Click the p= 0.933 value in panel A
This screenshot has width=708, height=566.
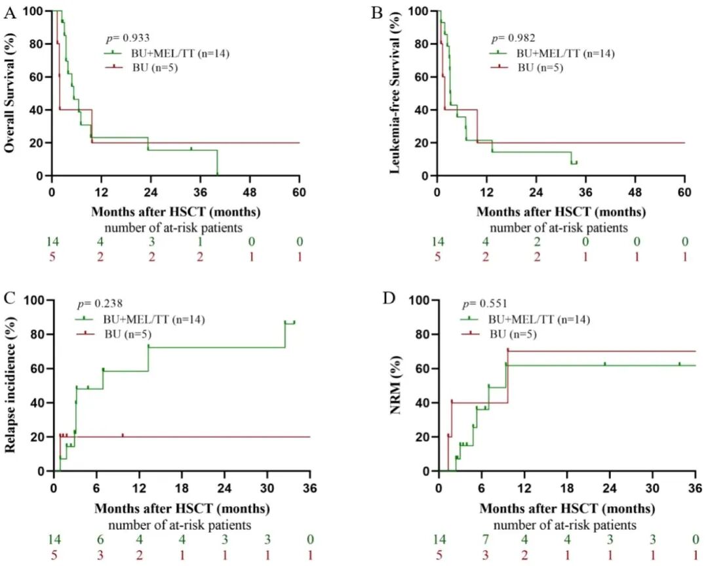[x=127, y=38]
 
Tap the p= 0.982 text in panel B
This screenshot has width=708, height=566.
[x=513, y=38]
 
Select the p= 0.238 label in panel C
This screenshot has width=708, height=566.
[x=100, y=303]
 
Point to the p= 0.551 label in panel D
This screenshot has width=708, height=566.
[x=485, y=303]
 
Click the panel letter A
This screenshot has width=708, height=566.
[x=9, y=13]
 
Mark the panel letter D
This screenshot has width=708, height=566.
[x=389, y=298]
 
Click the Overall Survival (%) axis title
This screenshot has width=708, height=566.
[x=10, y=92]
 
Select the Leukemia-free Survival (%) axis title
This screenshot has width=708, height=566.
[x=395, y=92]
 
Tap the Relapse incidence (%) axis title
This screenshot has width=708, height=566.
[x=10, y=385]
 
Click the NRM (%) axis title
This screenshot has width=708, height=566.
[x=395, y=385]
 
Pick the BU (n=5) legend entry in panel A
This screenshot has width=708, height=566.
[x=142, y=68]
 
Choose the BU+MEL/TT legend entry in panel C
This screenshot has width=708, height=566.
[x=140, y=320]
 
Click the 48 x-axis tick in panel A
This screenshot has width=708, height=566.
[x=250, y=192]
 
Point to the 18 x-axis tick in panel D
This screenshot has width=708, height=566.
[x=566, y=488]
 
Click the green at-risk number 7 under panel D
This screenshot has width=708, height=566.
[x=485, y=539]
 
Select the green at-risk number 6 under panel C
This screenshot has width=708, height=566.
[x=100, y=539]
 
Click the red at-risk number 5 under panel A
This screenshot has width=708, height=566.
[x=52, y=257]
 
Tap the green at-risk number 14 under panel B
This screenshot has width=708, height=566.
[x=437, y=241]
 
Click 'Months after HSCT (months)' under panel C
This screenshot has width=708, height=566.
[x=182, y=509]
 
